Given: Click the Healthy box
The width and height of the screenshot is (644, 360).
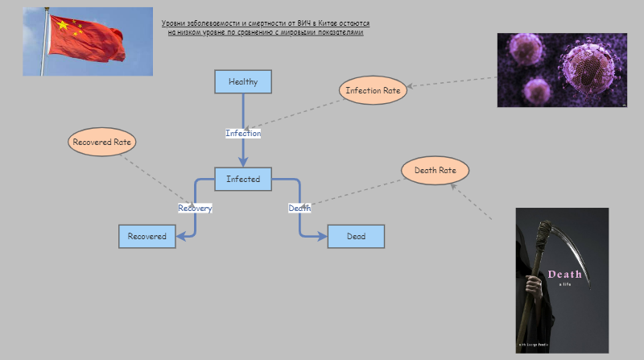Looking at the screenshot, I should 242,82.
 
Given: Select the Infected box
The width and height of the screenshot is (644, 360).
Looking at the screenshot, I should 242,179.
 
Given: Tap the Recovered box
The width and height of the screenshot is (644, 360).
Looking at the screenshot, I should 147,236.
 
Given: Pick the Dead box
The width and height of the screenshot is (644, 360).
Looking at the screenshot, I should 356,236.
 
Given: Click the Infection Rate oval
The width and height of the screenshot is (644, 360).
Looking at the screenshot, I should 373,90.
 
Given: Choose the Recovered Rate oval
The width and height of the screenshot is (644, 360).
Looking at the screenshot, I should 101,142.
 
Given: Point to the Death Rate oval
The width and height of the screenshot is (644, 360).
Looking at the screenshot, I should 435,171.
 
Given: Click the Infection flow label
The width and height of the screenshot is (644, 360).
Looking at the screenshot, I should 242,133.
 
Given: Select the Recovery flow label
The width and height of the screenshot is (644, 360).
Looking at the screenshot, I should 195,208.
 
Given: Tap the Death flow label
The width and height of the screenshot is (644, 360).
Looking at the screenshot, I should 299,208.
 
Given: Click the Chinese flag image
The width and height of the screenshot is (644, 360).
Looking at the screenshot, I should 88,41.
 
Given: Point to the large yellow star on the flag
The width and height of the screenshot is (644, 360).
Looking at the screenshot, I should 62,26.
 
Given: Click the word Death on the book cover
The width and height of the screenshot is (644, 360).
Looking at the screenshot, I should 564,275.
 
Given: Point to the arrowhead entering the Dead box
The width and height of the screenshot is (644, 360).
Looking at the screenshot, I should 323,236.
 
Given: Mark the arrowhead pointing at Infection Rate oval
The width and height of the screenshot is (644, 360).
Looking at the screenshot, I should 411,85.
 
